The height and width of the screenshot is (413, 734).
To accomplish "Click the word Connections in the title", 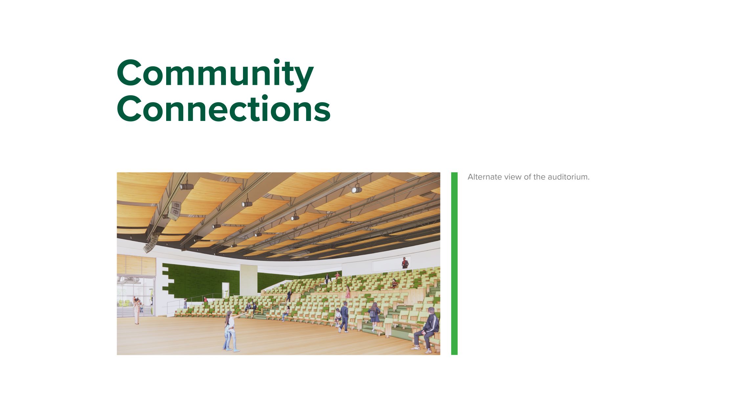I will [223, 108].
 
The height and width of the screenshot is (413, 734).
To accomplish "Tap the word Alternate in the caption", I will [482, 177].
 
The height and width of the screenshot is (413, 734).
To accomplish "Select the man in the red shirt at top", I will [405, 263].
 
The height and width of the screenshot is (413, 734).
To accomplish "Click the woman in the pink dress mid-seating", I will [347, 292].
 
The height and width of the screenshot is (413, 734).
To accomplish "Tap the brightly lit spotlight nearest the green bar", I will [356, 189].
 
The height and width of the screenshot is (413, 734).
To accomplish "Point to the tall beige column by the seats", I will [249, 279].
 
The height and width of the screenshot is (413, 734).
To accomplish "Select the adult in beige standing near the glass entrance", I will [136, 310].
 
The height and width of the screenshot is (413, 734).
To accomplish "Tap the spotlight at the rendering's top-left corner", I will [187, 186].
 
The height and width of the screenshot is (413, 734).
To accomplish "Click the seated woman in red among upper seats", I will [394, 283].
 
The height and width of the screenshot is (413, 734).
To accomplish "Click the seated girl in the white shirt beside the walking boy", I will [337, 316].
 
